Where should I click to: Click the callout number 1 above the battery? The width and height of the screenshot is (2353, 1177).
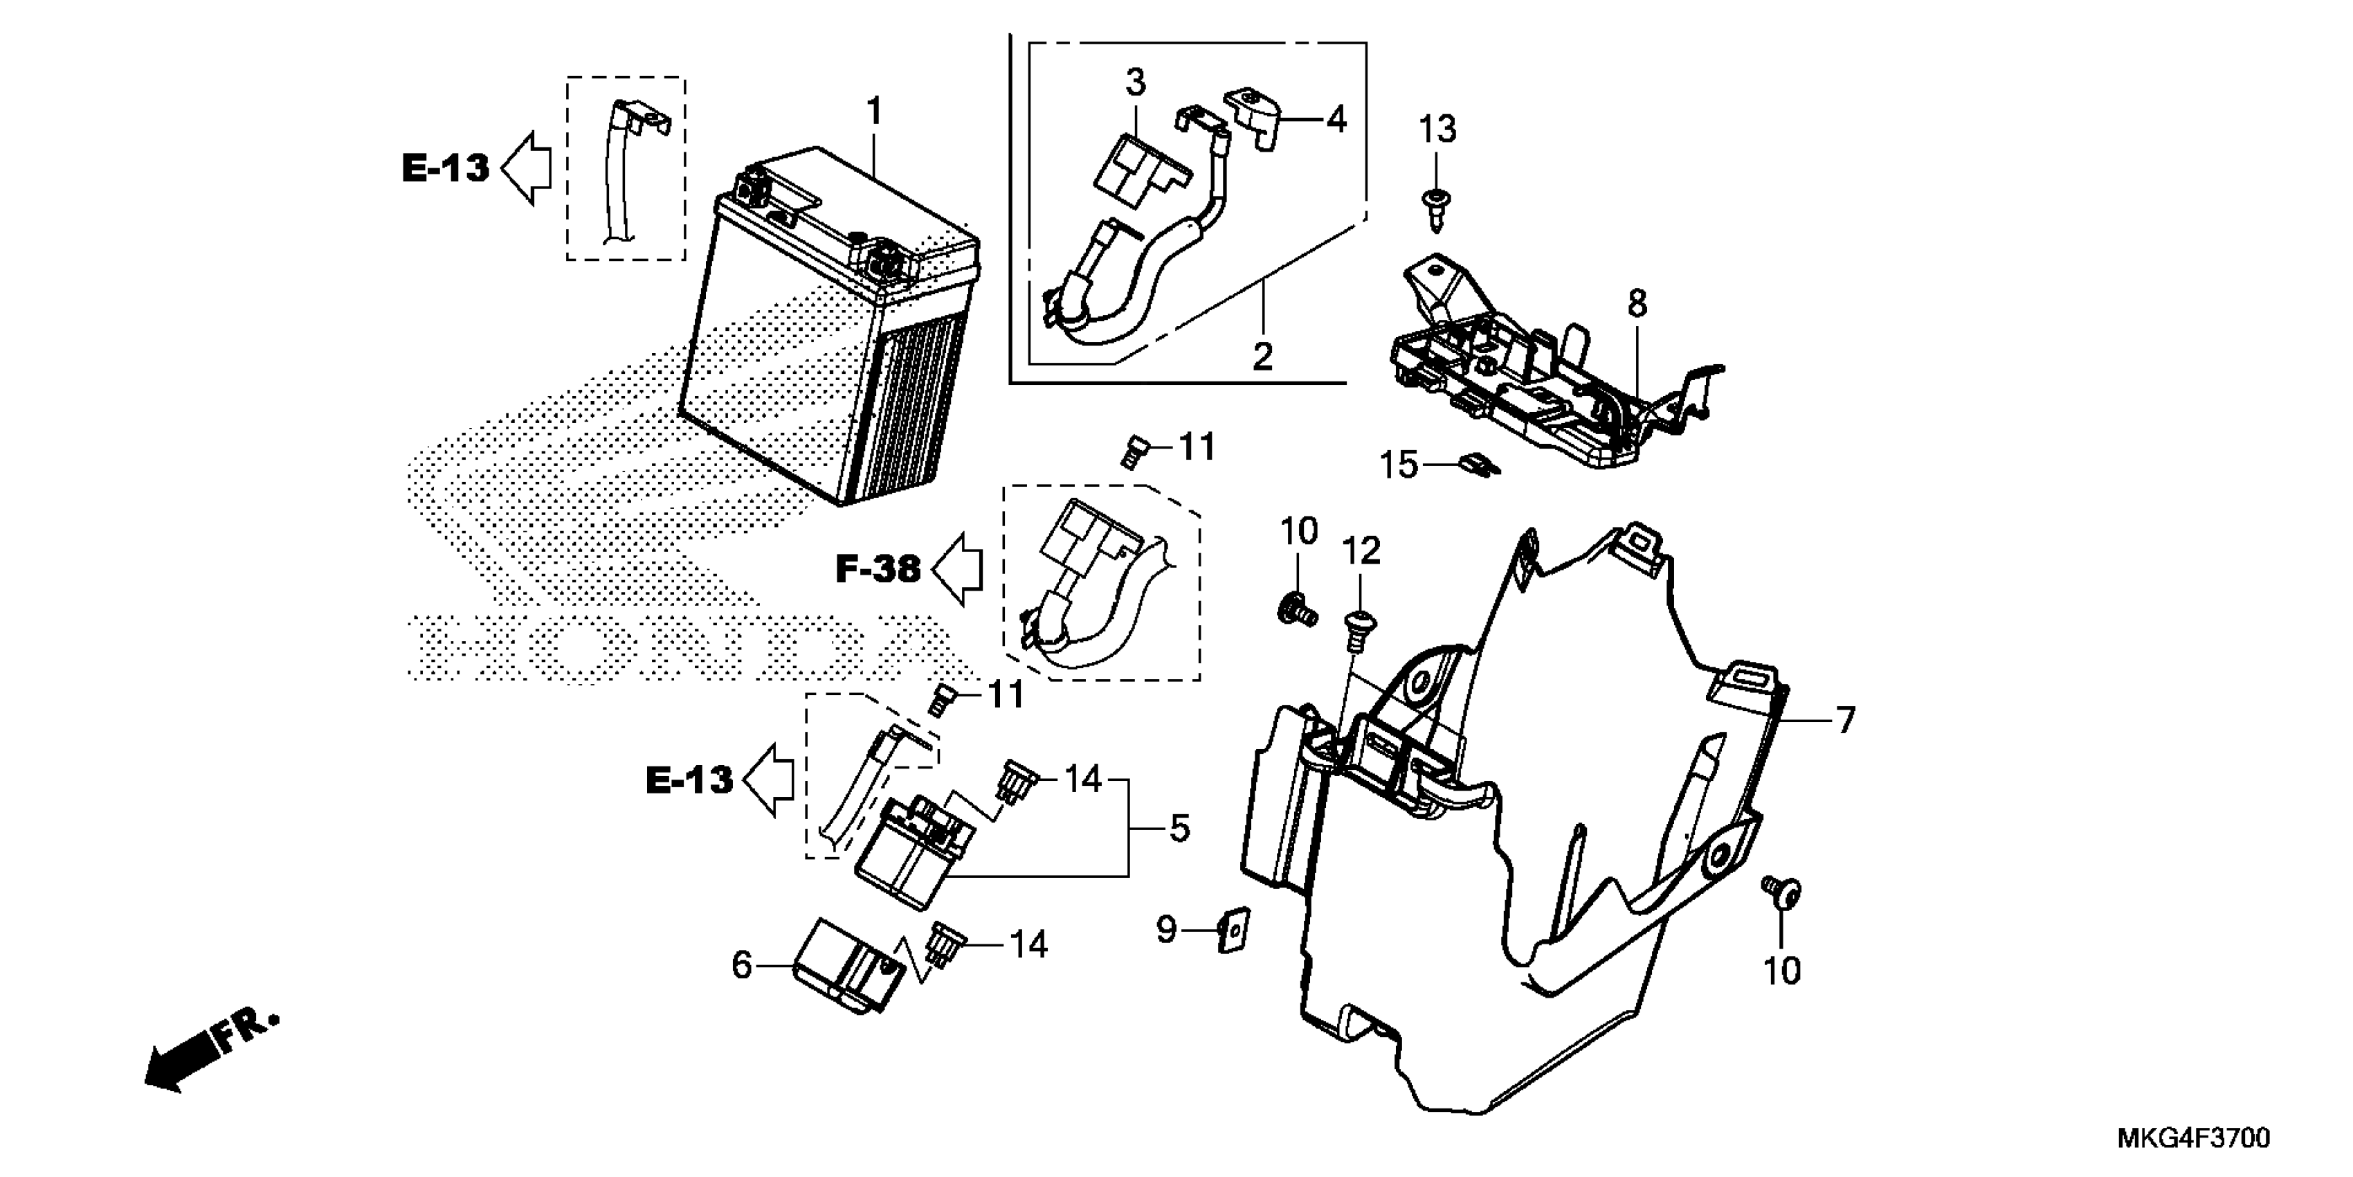[874, 111]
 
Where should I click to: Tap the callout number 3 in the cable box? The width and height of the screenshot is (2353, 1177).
[1134, 82]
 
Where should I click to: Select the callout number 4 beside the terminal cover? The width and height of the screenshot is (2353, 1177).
[1336, 119]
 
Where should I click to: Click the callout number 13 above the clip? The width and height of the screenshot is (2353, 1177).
[1437, 129]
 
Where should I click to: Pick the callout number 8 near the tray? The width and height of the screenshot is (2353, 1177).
[1637, 303]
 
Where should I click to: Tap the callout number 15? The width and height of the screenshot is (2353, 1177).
[1397, 465]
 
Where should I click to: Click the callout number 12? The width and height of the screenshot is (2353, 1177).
[1361, 552]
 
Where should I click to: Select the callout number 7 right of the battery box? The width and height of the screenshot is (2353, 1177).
[1845, 721]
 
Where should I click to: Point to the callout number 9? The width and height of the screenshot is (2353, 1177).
[1166, 931]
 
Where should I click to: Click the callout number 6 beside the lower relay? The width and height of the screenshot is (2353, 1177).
[742, 964]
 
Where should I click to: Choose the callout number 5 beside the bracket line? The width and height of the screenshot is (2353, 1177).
[1179, 829]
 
